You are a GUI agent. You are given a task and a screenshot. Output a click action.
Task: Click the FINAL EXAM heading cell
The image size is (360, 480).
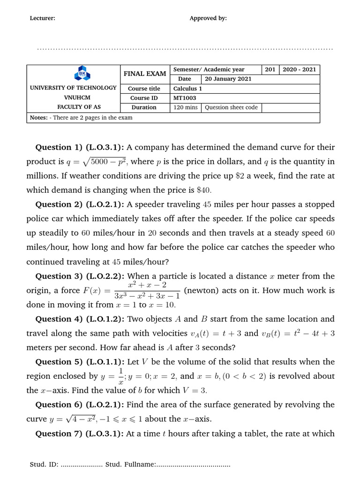pyautogui.click(x=144, y=74)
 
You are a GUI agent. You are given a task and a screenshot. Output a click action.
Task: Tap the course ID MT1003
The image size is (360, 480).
pyautogui.click(x=185, y=98)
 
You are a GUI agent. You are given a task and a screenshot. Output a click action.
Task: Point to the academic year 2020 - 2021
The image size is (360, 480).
pyautogui.click(x=299, y=69)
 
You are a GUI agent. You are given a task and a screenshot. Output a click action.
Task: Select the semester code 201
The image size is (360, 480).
pyautogui.click(x=270, y=69)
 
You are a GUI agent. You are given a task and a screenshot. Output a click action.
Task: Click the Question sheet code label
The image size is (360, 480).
pyautogui.click(x=232, y=107)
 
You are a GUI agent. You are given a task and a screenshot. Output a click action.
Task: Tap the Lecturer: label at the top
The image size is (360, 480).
pyautogui.click(x=43, y=18)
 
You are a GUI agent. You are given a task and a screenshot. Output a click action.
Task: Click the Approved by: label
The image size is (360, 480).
pyautogui.click(x=208, y=18)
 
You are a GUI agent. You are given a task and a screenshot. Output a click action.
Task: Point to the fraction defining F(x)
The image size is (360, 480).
pyautogui.click(x=147, y=291)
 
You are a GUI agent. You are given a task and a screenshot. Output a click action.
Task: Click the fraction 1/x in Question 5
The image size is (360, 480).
pyautogui.click(x=121, y=376)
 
